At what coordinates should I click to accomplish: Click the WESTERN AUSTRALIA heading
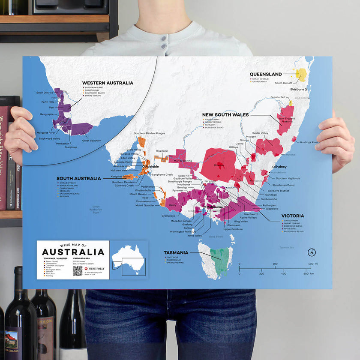[108, 83]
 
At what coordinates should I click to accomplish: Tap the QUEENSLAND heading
[266, 74]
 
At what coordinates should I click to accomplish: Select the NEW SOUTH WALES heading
[225, 115]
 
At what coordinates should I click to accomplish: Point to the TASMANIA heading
[176, 252]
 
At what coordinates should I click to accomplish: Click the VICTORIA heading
[293, 216]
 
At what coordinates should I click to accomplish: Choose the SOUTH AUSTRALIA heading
[79, 178]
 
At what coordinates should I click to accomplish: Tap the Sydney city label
[281, 167]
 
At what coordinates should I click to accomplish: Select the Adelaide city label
[152, 166]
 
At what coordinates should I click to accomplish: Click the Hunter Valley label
[260, 133]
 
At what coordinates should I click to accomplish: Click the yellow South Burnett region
[302, 75]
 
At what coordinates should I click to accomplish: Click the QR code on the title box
[77, 270]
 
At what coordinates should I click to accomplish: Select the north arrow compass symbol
[312, 252]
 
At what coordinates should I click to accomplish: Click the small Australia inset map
[129, 260]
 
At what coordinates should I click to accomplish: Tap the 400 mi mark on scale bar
[311, 264]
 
